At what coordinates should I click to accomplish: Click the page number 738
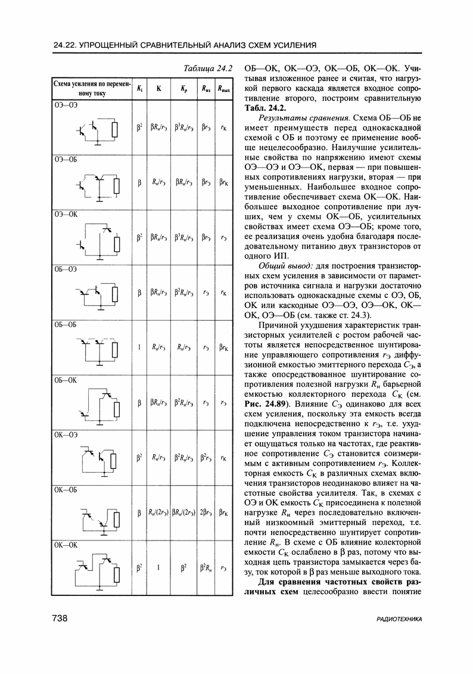click(60, 619)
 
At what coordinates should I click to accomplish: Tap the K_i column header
click(139, 89)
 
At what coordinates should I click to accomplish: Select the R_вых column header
click(223, 89)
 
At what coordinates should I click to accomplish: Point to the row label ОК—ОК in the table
click(63, 544)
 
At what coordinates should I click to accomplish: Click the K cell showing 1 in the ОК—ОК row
click(159, 568)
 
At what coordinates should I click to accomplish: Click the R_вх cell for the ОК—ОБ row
click(206, 513)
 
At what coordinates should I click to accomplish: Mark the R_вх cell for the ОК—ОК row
click(206, 568)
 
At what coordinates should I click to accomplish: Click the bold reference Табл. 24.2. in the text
click(265, 108)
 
